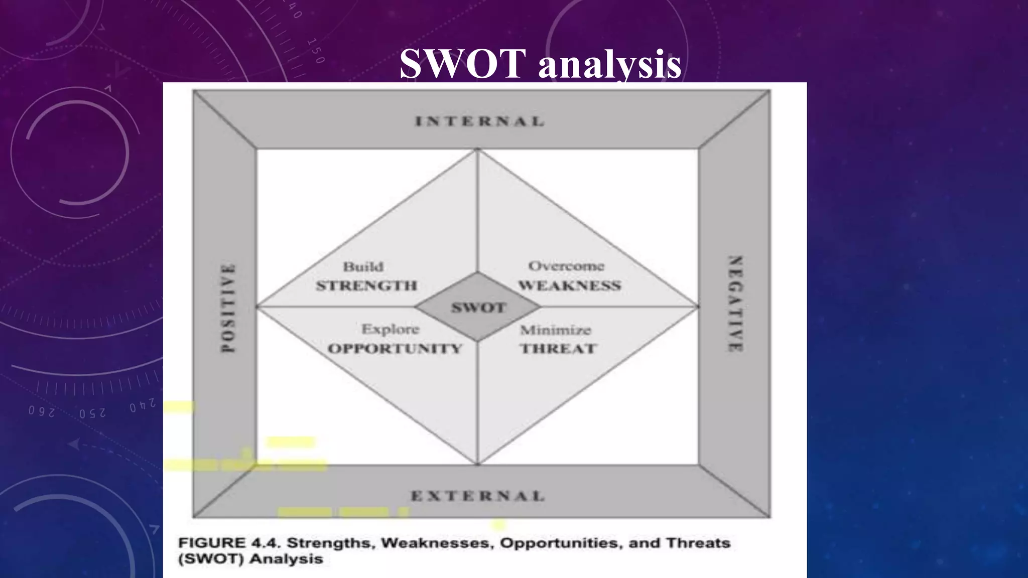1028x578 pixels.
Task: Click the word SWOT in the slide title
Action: [462, 64]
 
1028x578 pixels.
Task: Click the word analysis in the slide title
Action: [610, 65]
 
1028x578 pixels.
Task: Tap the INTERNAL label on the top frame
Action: [479, 121]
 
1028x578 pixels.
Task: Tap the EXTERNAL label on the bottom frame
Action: [477, 496]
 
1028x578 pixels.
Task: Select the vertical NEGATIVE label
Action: [735, 304]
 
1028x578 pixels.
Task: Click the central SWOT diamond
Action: [478, 308]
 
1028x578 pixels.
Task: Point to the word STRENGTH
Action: [366, 285]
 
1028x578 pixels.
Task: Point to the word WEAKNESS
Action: [570, 285]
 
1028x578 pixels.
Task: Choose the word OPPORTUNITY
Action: [395, 348]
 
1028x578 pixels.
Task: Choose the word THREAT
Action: [558, 348]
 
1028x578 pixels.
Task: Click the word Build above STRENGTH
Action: [363, 266]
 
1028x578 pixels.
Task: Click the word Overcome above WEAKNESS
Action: [566, 266]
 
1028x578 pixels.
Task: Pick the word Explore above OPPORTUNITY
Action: [390, 329]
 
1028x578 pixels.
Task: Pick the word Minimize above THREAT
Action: [555, 330]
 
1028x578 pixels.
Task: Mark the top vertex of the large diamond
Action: [477, 150]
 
